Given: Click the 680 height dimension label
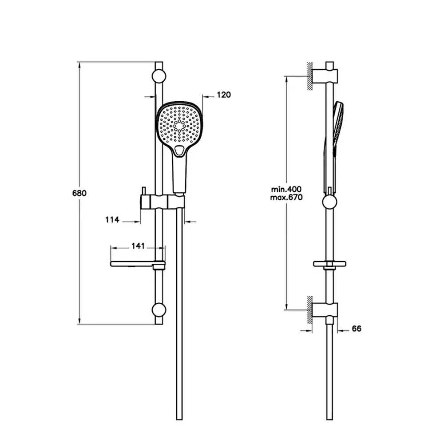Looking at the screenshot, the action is point(79,194).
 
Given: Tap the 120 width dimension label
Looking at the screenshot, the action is point(224,95).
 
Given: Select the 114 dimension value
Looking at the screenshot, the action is point(112,220).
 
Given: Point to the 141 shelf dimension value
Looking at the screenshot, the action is point(138,246).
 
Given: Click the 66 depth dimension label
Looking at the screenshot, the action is point(357,329).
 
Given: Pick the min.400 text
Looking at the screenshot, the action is point(286,189).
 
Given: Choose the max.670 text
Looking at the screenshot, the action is point(286,197).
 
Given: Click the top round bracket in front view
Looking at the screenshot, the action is point(159,76).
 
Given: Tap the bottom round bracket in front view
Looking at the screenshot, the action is point(159,310).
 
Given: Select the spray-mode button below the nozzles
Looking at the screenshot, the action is point(179,150).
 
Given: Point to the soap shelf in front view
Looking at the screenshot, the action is point(138,264).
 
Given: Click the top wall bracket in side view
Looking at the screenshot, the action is point(325,76).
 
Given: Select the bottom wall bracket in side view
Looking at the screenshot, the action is point(325,310).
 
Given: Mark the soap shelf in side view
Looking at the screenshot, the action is point(329,264).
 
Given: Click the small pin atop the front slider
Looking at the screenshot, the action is point(143,191).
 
